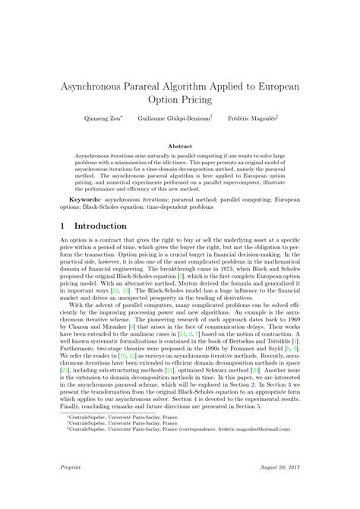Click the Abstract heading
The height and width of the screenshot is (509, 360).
click(x=180, y=145)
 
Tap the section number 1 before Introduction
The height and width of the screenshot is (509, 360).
click(x=62, y=226)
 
